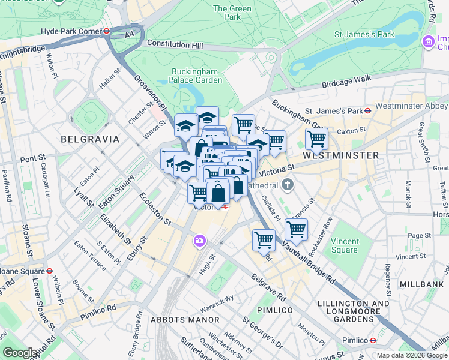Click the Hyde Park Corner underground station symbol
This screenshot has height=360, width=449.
click(106, 31)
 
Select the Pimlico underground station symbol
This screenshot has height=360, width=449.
click(373, 340)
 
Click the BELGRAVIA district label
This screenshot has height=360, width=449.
click(90, 139)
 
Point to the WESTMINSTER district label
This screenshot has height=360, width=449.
click(340, 155)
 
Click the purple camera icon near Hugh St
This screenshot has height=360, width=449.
click(199, 241)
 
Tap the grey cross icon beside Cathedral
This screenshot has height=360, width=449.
click(287, 184)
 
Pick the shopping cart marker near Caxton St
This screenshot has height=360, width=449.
click(316, 139)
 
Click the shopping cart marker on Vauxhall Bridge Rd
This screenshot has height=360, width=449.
click(264, 240)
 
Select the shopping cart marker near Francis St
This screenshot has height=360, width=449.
click(296, 229)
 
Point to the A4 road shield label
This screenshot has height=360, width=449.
click(130, 35)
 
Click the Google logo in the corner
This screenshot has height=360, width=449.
click(20, 353)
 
